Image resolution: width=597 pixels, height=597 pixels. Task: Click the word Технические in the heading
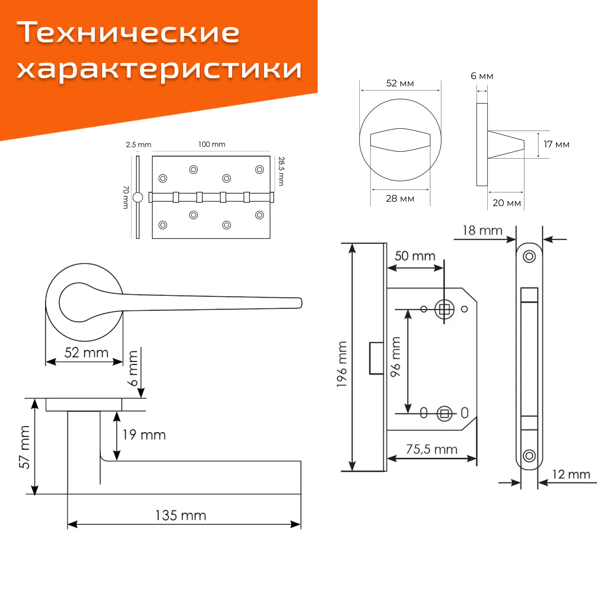coord(128,33)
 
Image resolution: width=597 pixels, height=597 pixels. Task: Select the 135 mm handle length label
coord(181,516)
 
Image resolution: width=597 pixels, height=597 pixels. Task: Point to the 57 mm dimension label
coord(25,447)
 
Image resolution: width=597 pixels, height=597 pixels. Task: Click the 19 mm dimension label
coord(144,435)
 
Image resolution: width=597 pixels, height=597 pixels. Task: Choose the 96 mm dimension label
coord(395,357)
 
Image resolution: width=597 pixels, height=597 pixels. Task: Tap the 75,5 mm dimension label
coord(431,449)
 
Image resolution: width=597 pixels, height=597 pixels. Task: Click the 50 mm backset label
coord(415,256)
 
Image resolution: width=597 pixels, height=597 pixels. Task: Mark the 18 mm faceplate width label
coord(482,230)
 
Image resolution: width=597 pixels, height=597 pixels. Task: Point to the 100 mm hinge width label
coord(212,144)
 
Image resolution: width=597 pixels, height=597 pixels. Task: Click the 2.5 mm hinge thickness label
coord(139,144)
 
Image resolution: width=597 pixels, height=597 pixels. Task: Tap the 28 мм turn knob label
coord(400,199)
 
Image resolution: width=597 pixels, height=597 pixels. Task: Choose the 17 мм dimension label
coord(556,144)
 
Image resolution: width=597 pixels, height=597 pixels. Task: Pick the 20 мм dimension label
coord(507,203)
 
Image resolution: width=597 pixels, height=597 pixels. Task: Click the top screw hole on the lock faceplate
coord(529,256)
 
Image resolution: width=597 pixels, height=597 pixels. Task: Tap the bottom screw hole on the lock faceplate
coord(529,456)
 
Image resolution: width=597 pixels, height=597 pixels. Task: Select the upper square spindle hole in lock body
coord(444,309)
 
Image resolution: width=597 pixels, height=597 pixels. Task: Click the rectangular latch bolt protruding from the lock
coord(377,358)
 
